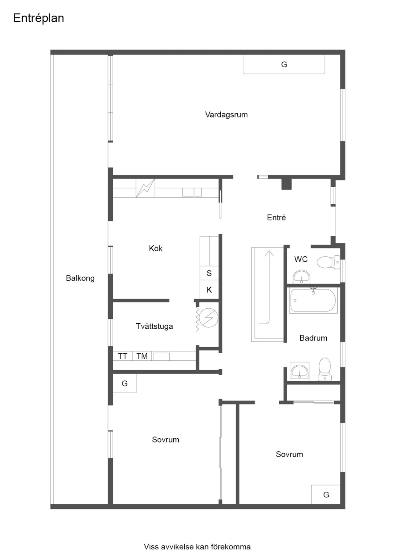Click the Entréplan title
click(39, 18)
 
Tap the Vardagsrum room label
click(226, 115)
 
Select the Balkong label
click(80, 278)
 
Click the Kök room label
click(156, 248)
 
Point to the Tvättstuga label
click(154, 326)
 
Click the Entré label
click(276, 217)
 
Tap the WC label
click(301, 259)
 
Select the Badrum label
click(313, 338)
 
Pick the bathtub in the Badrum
click(314, 300)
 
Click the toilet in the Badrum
click(325, 369)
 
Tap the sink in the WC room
click(301, 277)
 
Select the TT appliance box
click(122, 356)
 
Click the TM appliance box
click(142, 356)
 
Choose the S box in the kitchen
click(209, 273)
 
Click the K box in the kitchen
click(209, 290)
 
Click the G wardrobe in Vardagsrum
click(284, 64)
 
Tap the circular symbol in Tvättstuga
click(209, 318)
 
